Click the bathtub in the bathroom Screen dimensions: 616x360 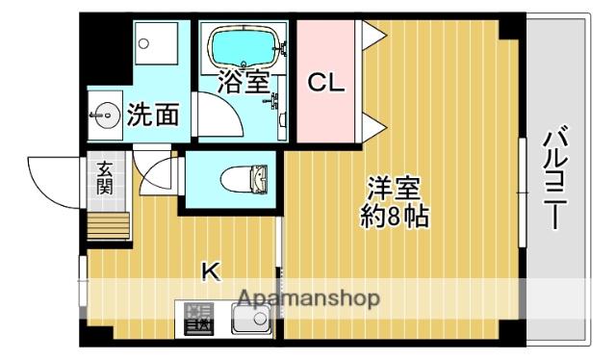pyautogui.click(x=244, y=47)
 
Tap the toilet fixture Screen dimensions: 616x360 pyautogui.click(x=244, y=180)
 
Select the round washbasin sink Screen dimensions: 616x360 pyautogui.click(x=105, y=116)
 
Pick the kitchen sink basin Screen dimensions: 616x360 pyautogui.click(x=250, y=320)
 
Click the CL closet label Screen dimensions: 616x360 pyautogui.click(x=325, y=83)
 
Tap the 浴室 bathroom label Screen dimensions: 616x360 pyautogui.click(x=244, y=82)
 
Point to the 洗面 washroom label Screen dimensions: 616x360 pyautogui.click(x=153, y=114)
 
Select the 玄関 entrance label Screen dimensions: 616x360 pyautogui.click(x=105, y=178)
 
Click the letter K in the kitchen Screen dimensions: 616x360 pyautogui.click(x=211, y=270)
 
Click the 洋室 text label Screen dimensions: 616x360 pyautogui.click(x=394, y=189)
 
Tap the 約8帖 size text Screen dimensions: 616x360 pyautogui.click(x=395, y=217)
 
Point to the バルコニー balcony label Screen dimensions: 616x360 pyautogui.click(x=555, y=177)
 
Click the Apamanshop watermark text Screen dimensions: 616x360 pyautogui.click(x=309, y=298)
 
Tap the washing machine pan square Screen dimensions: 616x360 pyautogui.click(x=156, y=43)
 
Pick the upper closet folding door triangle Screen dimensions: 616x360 pyautogui.click(x=373, y=35)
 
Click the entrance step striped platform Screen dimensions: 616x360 pyautogui.click(x=108, y=225)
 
